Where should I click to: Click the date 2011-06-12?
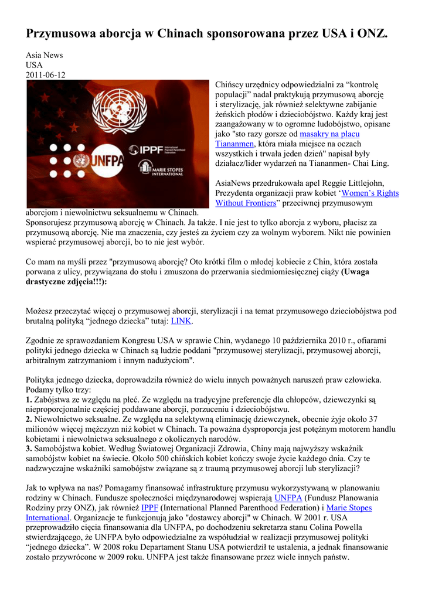[46, 75]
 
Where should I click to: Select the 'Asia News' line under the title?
[44, 55]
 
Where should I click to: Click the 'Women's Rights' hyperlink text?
[370, 193]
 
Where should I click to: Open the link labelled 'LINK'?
[181, 321]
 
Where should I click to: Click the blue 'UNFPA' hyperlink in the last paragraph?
[288, 498]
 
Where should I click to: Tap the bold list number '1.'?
[29, 399]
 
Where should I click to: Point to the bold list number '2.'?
[29, 419]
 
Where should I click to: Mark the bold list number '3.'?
[29, 449]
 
